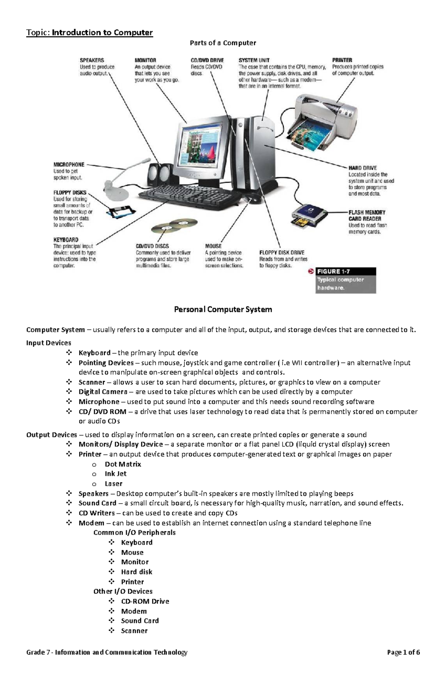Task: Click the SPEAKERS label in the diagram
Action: [x=92, y=60]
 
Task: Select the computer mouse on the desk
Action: [x=254, y=198]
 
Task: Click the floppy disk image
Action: [x=120, y=212]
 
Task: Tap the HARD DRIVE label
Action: [x=362, y=168]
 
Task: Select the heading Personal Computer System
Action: [x=223, y=309]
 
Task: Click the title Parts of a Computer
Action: [x=223, y=43]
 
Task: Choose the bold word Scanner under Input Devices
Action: [x=92, y=382]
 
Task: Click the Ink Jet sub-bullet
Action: [x=116, y=474]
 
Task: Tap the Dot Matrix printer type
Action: [x=123, y=464]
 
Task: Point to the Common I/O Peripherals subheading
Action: [x=135, y=533]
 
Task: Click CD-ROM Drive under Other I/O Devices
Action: [x=145, y=601]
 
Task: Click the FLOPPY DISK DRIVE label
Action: [x=282, y=252]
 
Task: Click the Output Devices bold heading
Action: [x=51, y=435]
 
